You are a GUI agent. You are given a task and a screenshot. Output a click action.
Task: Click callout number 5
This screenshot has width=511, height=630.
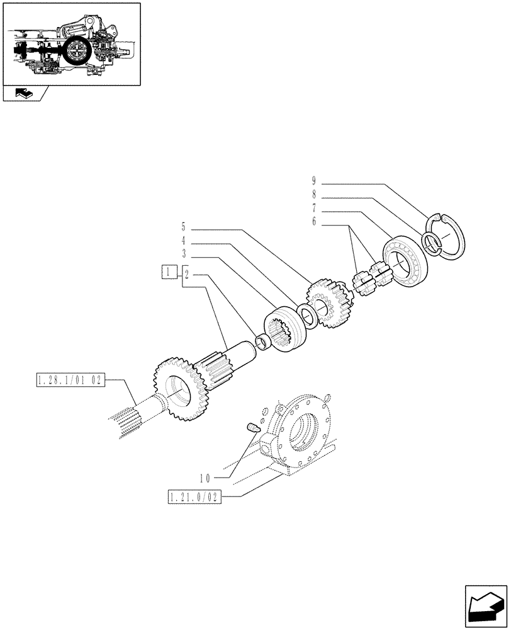coord(184,227)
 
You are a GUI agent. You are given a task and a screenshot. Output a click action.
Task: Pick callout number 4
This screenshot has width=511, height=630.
coord(184,241)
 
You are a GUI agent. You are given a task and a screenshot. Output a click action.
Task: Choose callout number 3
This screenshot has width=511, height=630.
coord(184,253)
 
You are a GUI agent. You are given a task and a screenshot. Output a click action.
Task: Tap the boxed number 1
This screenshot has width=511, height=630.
coord(168,273)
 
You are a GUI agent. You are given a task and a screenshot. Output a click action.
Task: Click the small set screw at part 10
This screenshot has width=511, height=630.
coord(252,428)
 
